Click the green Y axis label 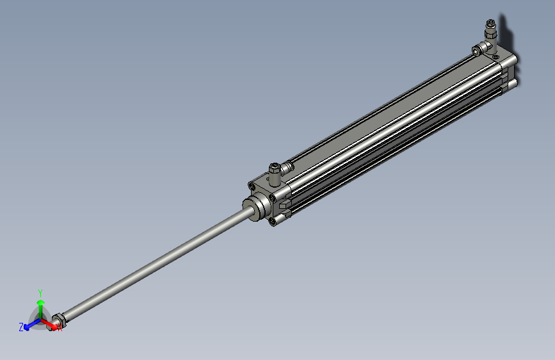[40, 291]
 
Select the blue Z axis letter [21, 327]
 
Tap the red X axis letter [60, 329]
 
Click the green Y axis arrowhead [40, 302]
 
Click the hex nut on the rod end [58, 318]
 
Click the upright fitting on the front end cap [275, 171]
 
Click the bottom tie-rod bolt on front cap [274, 222]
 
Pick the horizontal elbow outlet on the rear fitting [478, 50]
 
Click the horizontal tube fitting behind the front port [287, 167]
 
